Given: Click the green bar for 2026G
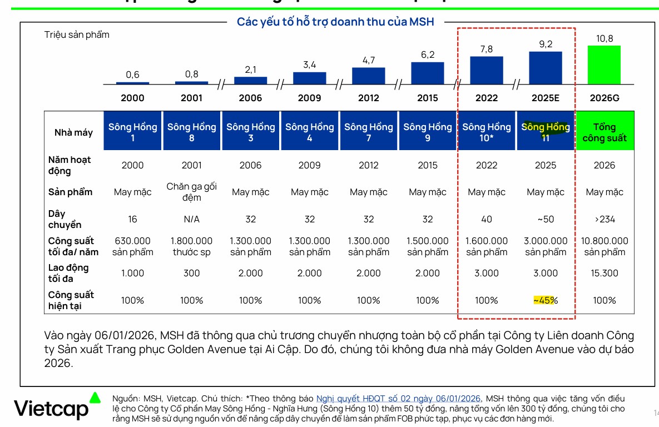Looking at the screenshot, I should pyautogui.click(x=604, y=64).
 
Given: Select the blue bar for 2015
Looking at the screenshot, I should pyautogui.click(x=428, y=73).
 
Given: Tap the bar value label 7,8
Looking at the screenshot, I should pyautogui.click(x=487, y=49).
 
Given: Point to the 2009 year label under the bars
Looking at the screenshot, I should pyautogui.click(x=310, y=98).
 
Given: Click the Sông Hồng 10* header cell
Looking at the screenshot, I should pyautogui.click(x=487, y=132).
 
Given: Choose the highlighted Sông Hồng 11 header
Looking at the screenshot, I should pyautogui.click(x=546, y=132).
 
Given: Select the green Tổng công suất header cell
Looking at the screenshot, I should pyautogui.click(x=605, y=132).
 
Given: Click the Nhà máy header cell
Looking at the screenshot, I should pyautogui.click(x=73, y=132).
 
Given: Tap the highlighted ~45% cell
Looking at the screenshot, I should pyautogui.click(x=545, y=300).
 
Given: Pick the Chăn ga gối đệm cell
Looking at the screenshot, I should pyautogui.click(x=192, y=192).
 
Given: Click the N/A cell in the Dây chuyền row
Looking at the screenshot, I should pyautogui.click(x=192, y=219).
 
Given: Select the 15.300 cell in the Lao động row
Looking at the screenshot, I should pyautogui.click(x=605, y=273).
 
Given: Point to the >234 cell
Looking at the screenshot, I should pyautogui.click(x=605, y=219).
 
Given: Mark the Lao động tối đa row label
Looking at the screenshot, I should pyautogui.click(x=68, y=273).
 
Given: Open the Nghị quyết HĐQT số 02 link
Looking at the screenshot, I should pyautogui.click(x=398, y=398).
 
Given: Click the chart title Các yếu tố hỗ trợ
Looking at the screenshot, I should pyautogui.click(x=335, y=22).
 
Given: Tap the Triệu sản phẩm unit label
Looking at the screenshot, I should pyautogui.click(x=77, y=34).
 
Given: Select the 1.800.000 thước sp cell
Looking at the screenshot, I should pyautogui.click(x=192, y=246).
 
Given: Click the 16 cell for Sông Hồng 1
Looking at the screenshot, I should pyautogui.click(x=132, y=219).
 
